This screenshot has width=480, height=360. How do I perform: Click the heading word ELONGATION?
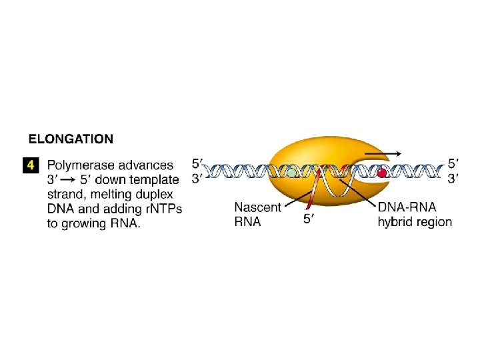71,139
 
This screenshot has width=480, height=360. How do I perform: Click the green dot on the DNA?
291,173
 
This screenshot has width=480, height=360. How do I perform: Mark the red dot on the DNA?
382,173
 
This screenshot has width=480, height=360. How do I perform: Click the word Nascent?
257,207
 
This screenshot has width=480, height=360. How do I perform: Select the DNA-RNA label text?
407,207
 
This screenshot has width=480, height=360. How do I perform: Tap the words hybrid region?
414,221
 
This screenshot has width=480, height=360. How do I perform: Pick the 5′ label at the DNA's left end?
198,163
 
